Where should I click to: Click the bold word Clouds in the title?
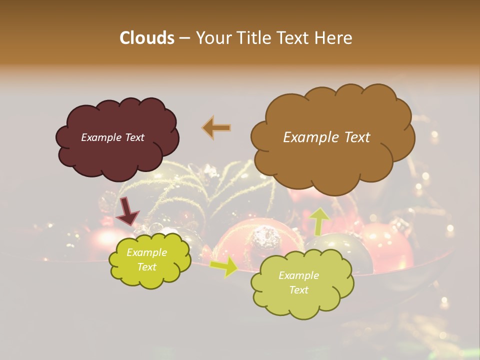point(146,38)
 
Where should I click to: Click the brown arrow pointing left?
point(216,128)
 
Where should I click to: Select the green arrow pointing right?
point(223,266)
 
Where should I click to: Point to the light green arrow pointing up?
point(318,220)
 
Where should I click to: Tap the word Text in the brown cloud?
point(354,137)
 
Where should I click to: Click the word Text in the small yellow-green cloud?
point(147,267)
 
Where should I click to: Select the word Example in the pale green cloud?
point(298,275)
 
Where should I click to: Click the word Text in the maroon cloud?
point(134,137)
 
